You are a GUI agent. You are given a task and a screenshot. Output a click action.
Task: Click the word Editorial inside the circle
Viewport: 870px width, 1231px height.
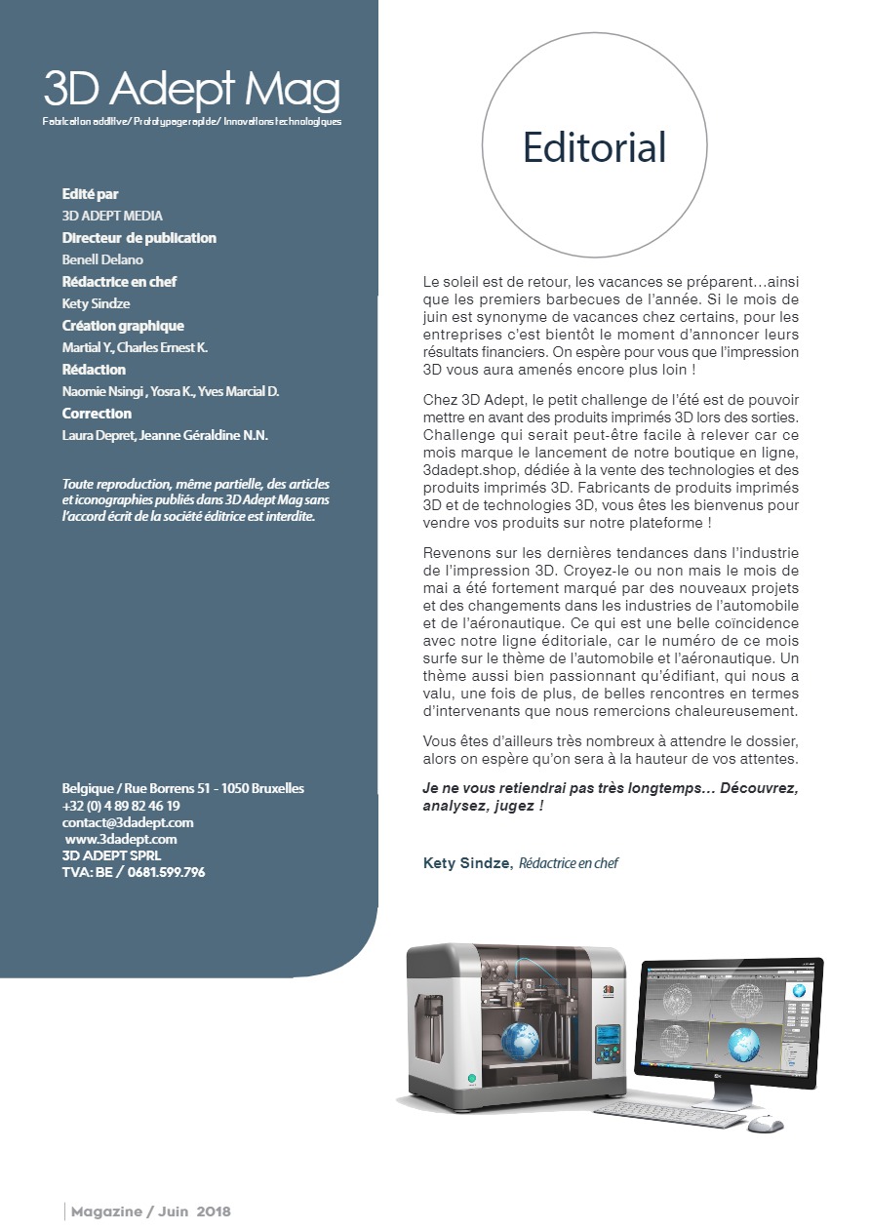coord(594,147)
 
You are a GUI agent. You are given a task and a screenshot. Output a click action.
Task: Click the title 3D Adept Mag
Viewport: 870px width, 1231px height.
coord(191,91)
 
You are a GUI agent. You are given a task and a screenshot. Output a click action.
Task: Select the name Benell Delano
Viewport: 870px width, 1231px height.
coord(102,259)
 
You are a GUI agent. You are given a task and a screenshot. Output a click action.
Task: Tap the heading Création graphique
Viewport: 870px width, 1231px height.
coord(123,326)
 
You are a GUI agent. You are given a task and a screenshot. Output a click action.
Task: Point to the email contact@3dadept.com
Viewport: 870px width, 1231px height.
coord(128,822)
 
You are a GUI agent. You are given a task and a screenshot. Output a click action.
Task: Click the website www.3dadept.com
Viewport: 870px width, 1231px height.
coord(121,839)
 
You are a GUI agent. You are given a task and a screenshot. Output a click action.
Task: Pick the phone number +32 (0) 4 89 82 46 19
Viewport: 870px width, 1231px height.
coord(121,806)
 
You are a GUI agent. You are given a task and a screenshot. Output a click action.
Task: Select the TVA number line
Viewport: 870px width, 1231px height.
coord(134,872)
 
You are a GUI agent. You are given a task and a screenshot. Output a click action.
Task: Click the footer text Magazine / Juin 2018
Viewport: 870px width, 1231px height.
coord(150,1211)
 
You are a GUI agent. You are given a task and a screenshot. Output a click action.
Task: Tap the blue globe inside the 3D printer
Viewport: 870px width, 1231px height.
coord(521,1039)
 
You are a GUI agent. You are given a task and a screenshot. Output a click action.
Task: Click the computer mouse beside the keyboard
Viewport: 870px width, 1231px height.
coord(767,1123)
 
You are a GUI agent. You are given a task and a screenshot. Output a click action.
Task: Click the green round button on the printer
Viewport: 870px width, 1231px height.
coord(472,1079)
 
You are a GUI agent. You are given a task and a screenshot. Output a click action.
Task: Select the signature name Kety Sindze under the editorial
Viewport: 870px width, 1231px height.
coord(466,863)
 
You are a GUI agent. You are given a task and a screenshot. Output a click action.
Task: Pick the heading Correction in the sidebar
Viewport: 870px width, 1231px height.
coord(97,414)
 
